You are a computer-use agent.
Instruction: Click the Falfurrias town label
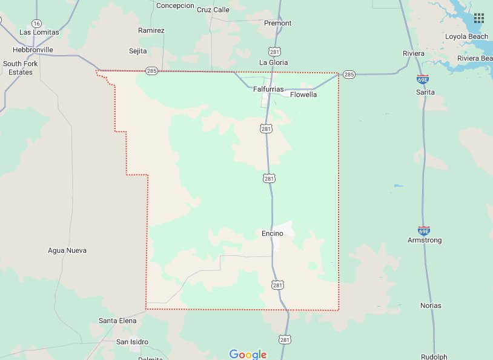[x=268, y=89]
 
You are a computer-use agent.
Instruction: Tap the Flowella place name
[x=303, y=95]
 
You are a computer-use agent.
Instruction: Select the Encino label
[x=273, y=233]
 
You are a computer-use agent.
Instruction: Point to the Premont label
[x=278, y=23]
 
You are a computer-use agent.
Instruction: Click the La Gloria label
[x=274, y=62]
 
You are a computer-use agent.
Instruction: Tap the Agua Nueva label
[x=67, y=250]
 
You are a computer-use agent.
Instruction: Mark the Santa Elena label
[x=117, y=320]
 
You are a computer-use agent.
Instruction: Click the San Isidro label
[x=132, y=342]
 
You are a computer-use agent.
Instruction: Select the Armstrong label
[x=425, y=240]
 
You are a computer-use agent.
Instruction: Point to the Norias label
[x=431, y=305]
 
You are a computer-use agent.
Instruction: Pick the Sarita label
[x=425, y=92]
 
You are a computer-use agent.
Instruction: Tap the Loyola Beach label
[x=466, y=36]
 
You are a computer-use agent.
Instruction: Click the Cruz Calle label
[x=213, y=10]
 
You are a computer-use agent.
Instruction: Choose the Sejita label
[x=138, y=51]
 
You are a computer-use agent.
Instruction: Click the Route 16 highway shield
[x=38, y=22]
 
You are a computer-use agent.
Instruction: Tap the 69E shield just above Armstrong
[x=424, y=231]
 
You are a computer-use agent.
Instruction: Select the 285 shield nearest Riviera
[x=348, y=75]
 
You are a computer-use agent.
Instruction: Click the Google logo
[x=248, y=354]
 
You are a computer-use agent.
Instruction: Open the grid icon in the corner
[x=479, y=18]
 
